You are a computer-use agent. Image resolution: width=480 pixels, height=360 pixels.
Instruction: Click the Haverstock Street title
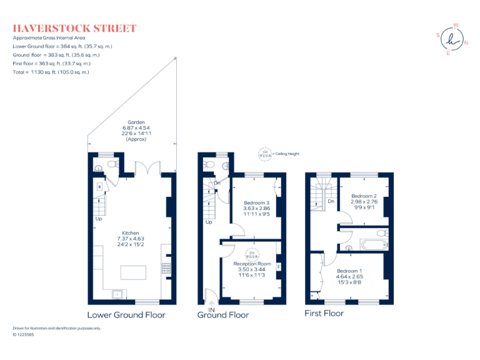click(x=74, y=29)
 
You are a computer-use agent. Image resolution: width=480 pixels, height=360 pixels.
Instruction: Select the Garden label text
click(x=136, y=122)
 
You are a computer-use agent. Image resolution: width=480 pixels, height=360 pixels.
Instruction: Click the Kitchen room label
click(x=130, y=232)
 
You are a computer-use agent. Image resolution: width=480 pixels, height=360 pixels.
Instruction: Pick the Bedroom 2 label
click(x=364, y=196)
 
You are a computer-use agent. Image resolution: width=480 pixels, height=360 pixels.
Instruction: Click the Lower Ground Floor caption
click(x=126, y=314)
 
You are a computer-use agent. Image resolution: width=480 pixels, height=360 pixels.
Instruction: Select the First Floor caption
click(x=324, y=312)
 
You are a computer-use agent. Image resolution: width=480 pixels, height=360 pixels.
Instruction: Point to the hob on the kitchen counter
click(x=166, y=268)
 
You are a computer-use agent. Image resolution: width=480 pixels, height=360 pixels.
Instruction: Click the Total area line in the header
click(x=51, y=72)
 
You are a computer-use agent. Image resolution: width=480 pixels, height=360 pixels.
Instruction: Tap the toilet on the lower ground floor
click(x=112, y=164)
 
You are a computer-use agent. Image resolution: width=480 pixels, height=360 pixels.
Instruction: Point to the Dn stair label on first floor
click(x=331, y=201)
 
